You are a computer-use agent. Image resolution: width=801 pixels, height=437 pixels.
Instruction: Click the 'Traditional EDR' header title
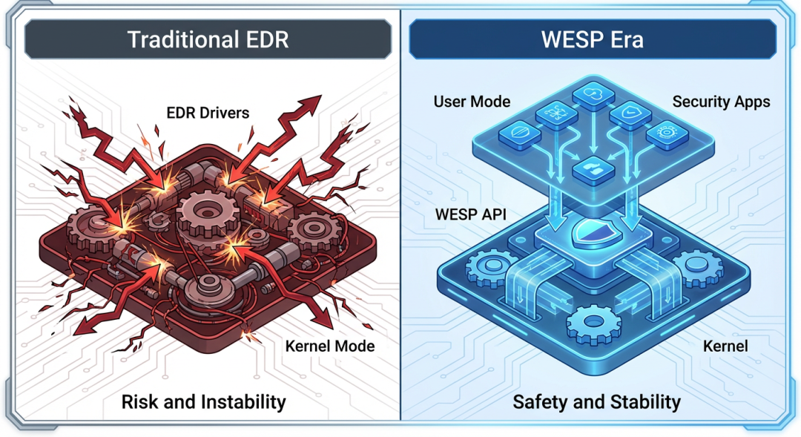(207, 39)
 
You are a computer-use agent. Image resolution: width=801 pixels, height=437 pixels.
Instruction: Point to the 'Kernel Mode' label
(330, 346)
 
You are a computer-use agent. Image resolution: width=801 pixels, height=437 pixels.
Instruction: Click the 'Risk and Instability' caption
(204, 402)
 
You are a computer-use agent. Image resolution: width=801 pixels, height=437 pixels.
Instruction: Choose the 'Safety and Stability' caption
(596, 402)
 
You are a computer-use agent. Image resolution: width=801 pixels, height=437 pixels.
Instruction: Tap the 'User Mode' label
(472, 102)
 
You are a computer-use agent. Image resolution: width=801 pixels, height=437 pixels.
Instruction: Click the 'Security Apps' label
(721, 102)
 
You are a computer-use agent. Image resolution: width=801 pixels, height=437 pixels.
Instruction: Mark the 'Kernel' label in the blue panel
(725, 346)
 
